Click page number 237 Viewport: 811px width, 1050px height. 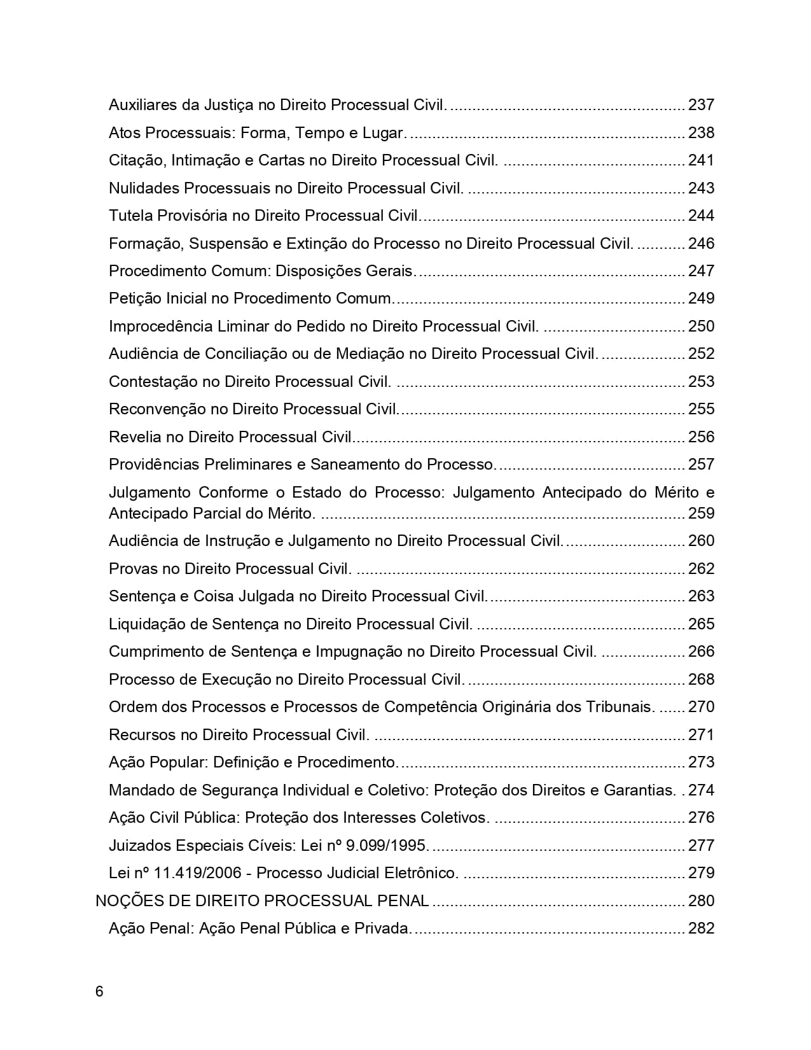pos(701,104)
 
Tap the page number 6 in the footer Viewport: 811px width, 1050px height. pos(99,991)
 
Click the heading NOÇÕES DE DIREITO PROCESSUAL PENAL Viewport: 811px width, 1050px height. pos(262,900)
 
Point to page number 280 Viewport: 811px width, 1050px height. pos(701,900)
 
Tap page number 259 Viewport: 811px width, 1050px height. pos(701,513)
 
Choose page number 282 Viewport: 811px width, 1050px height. pos(701,928)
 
